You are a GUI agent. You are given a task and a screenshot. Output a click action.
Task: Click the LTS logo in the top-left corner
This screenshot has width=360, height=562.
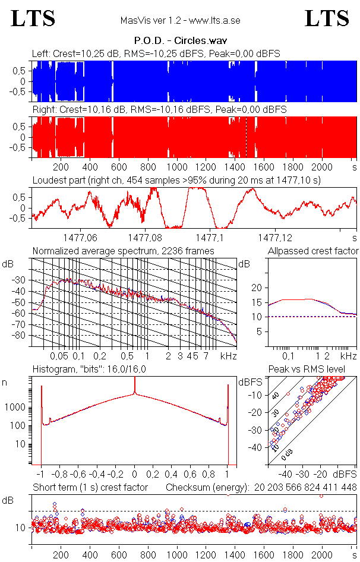33,19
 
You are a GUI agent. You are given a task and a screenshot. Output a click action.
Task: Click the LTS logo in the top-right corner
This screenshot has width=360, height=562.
327,19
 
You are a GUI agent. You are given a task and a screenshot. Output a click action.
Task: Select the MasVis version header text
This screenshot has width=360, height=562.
180,21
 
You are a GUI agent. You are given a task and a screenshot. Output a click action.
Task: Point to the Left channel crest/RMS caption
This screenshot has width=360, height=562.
156,54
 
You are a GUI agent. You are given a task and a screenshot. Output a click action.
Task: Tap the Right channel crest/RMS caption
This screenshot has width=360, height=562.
159,110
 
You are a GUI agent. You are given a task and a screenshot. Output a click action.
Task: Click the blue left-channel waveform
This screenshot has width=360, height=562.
178,81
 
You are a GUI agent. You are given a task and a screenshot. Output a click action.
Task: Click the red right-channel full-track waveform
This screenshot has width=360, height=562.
178,137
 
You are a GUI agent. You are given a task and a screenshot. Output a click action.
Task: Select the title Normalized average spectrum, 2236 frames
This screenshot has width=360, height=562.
124,251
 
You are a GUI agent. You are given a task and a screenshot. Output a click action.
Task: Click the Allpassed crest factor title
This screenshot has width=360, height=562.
313,251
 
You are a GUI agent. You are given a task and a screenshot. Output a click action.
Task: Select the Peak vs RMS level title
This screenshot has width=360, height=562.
307,370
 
